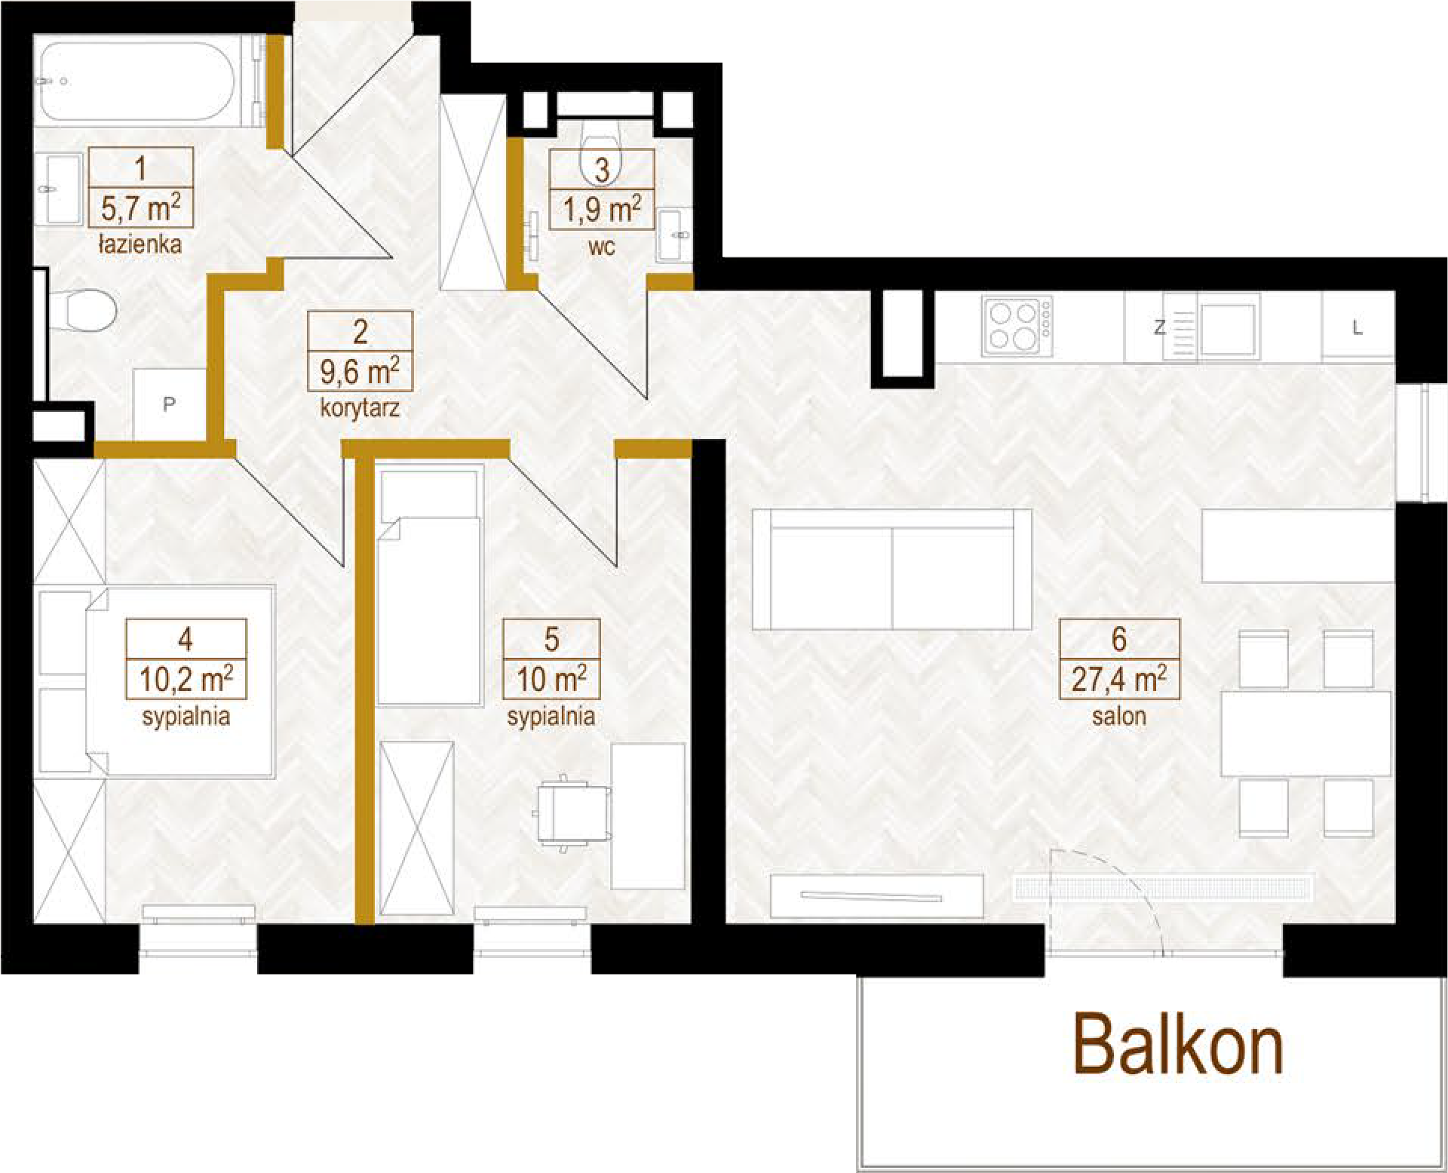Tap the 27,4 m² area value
tap(1119, 679)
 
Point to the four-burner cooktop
tap(1017, 326)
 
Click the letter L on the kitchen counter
tap(1357, 327)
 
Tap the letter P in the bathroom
tap(169, 404)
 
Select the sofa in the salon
tap(891, 569)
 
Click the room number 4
tap(186, 639)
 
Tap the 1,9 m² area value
tap(602, 209)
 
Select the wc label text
tap(602, 247)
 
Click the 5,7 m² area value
tap(140, 207)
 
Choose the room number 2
tap(360, 332)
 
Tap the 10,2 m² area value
tap(186, 679)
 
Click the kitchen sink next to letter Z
tap(1228, 328)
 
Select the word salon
tap(1119, 715)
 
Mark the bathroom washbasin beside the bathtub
tap(58, 189)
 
